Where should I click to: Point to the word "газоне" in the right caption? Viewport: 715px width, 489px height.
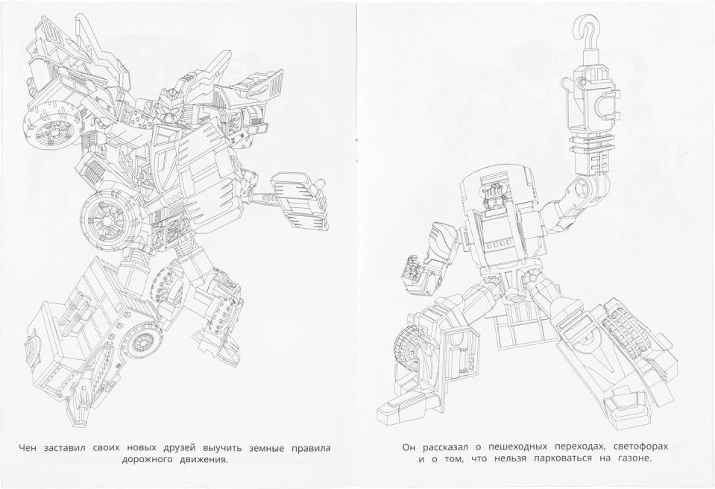tap(634, 458)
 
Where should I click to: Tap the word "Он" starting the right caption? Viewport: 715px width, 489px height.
tap(409, 447)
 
